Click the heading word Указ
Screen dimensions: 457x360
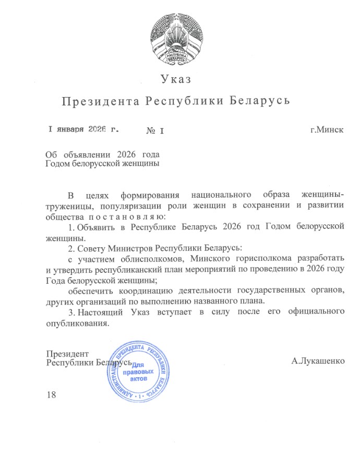click(x=176, y=80)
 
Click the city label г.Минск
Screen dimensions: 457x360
click(x=327, y=129)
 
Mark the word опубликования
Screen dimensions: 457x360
click(x=78, y=322)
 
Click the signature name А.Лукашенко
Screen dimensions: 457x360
click(x=318, y=360)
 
